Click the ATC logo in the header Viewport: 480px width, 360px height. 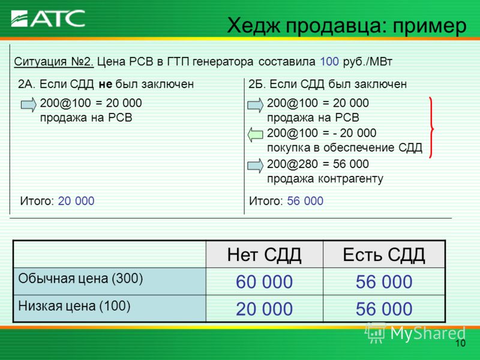pos(48,19)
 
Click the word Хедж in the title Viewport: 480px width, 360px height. pos(253,26)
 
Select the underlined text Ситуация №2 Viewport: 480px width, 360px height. pos(54,62)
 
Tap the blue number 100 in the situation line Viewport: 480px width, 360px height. pos(329,62)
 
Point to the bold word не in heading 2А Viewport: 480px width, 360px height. pos(106,84)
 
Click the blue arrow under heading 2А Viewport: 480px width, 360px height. pos(29,104)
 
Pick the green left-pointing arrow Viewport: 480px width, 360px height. pos(256,134)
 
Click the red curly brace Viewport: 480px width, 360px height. pos(431,127)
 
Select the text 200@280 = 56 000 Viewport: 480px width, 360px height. pos(318,164)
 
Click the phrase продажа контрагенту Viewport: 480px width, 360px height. pos(325,178)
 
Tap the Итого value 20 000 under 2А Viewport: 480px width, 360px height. pos(76,201)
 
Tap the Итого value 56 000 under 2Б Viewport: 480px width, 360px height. pos(305,201)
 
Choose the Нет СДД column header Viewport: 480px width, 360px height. pos(264,254)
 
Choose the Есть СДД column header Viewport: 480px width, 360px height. pos(384,254)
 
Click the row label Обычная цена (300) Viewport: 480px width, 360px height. pos(80,278)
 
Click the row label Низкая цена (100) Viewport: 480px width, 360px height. pos(74,305)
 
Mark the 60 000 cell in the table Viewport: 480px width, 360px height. pos(264,281)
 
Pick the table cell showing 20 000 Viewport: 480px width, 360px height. pos(264,308)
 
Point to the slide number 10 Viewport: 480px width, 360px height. pos(460,343)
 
